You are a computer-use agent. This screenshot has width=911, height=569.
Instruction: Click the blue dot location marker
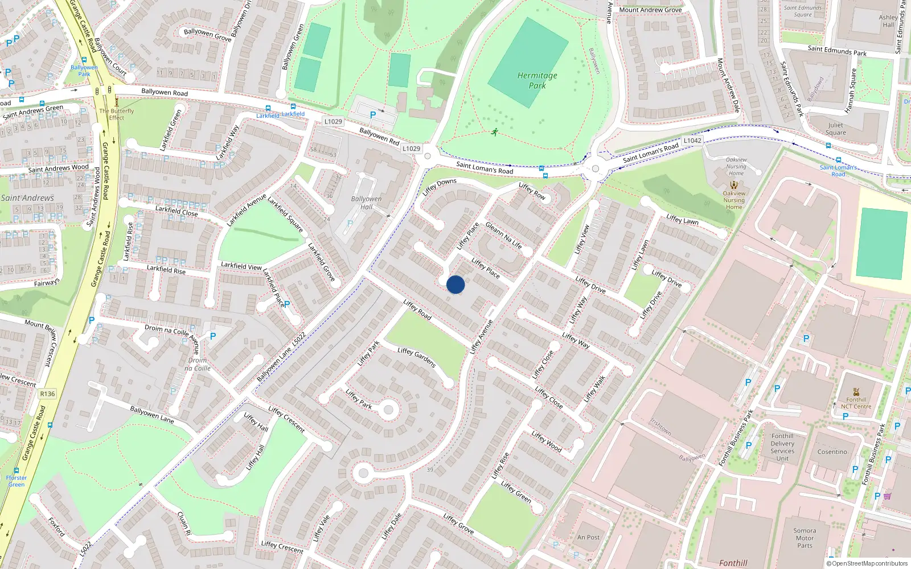click(x=455, y=284)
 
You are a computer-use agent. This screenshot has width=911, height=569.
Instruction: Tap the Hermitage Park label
click(x=537, y=80)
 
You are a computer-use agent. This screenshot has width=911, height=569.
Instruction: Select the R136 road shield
click(x=47, y=394)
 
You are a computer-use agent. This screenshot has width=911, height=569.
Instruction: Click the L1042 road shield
click(x=692, y=141)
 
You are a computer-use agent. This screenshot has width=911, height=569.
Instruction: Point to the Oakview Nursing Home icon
click(x=734, y=185)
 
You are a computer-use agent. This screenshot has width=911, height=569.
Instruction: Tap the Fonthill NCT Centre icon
click(x=856, y=391)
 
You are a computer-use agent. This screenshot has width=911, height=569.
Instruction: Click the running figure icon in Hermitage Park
click(x=495, y=132)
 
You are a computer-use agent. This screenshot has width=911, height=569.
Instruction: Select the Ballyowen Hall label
click(x=366, y=203)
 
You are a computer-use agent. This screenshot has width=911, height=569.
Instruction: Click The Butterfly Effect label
click(x=117, y=114)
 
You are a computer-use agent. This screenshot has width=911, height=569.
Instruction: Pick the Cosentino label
click(x=832, y=452)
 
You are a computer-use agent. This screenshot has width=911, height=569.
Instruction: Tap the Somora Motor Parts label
click(x=805, y=538)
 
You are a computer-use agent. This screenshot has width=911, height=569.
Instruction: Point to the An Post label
click(x=588, y=537)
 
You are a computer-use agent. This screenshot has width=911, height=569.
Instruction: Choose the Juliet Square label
click(x=835, y=129)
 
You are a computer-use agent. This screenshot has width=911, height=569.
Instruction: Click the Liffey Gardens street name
click(x=417, y=357)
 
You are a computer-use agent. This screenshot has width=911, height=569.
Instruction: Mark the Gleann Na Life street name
click(x=503, y=235)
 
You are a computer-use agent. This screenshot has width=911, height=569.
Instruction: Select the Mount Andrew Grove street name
click(x=650, y=10)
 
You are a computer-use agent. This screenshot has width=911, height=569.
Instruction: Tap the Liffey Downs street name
click(x=439, y=187)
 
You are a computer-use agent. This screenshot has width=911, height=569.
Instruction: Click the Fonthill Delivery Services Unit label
click(x=782, y=447)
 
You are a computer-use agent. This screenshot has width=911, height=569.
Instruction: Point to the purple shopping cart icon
click(x=887, y=496)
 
